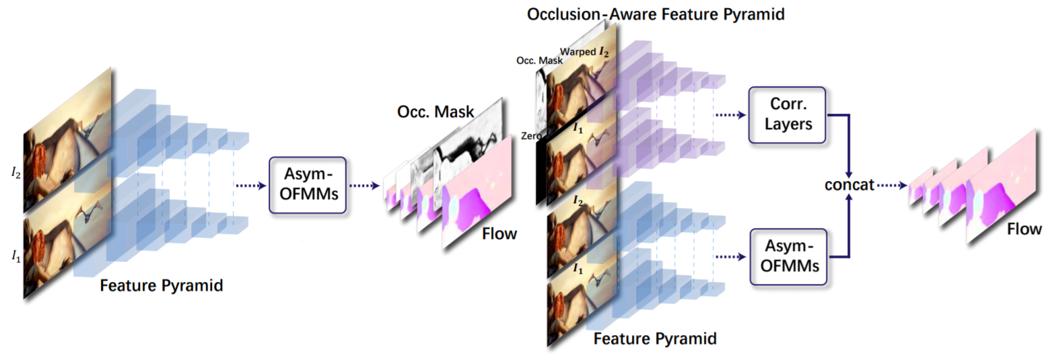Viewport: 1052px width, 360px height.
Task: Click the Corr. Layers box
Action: pyautogui.click(x=786, y=114)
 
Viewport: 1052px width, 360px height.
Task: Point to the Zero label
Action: pyautogui.click(x=531, y=136)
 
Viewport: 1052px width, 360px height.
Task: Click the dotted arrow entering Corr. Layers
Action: pyautogui.click(x=731, y=115)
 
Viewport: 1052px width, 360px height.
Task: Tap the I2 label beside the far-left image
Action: pyautogui.click(x=15, y=173)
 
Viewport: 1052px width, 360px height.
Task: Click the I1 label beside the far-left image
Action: pyautogui.click(x=15, y=253)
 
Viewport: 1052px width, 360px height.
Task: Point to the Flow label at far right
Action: pyautogui.click(x=1024, y=229)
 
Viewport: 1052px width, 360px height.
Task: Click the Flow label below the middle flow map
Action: pyautogui.click(x=499, y=234)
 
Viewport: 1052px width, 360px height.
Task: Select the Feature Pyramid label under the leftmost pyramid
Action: pyautogui.click(x=162, y=285)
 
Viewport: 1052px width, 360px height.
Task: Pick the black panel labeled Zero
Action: pyautogui.click(x=541, y=168)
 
